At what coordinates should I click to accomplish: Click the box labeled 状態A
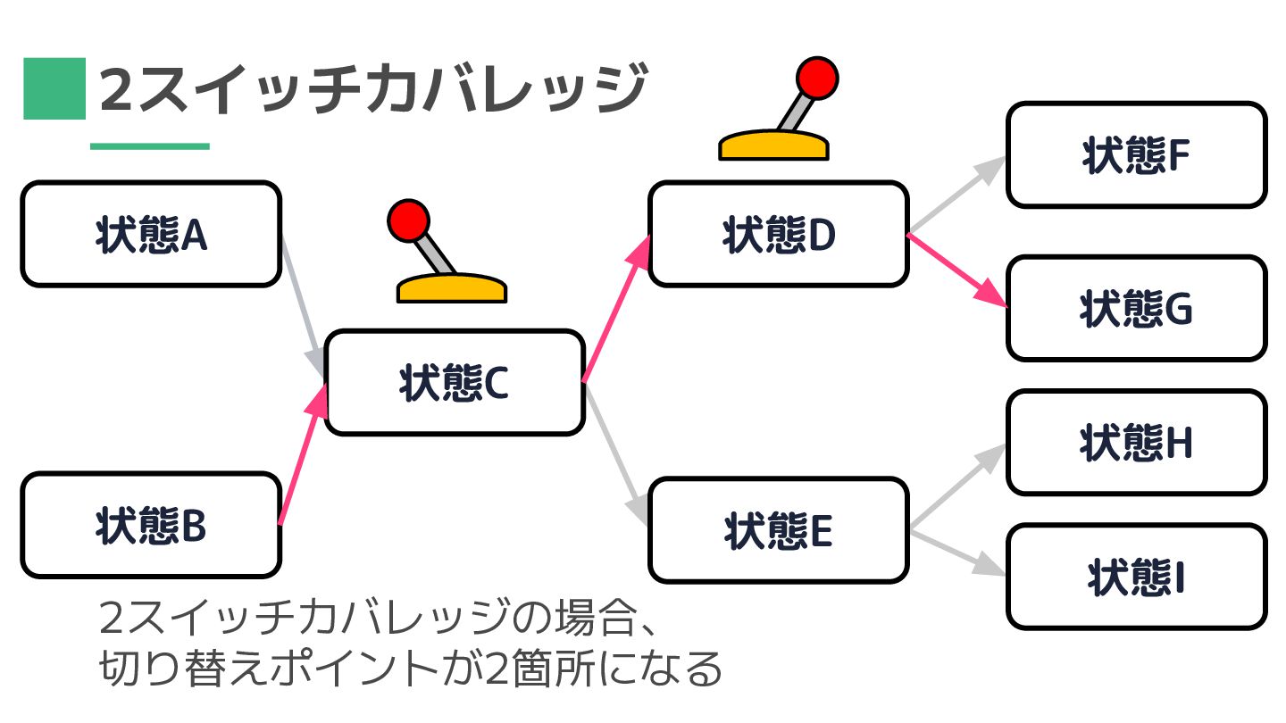151,234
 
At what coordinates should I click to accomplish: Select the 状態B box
151,525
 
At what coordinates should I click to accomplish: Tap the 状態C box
454,382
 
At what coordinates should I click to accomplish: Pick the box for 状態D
778,234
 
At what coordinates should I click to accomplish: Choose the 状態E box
778,530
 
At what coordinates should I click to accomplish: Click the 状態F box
1136,155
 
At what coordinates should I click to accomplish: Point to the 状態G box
1136,308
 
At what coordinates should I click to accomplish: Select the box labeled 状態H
1136,442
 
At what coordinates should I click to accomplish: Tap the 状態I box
1136,577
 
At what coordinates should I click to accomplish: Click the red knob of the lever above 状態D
817,77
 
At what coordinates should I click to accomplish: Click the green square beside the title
54,88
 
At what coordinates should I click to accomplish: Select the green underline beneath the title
149,146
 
